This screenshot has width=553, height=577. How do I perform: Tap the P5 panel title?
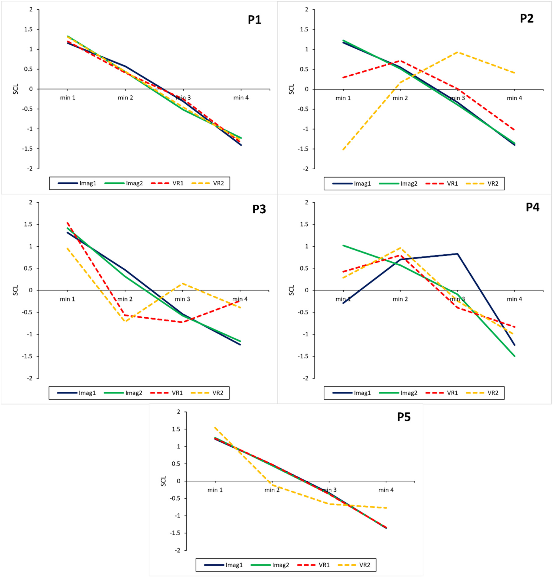(x=404, y=417)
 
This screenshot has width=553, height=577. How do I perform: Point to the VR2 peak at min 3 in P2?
(x=458, y=52)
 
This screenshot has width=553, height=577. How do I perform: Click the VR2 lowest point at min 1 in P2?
(x=343, y=150)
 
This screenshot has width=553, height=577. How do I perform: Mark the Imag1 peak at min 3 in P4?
(x=458, y=253)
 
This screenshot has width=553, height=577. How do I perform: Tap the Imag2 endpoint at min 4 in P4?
(x=514, y=356)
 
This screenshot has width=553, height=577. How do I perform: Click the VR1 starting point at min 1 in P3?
(x=68, y=223)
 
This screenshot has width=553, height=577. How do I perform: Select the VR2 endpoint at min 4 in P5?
(x=386, y=508)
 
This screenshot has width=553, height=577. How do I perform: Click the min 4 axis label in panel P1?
(x=241, y=98)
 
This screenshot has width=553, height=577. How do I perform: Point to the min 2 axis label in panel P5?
(x=272, y=490)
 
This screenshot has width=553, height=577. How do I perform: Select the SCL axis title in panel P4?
(x=292, y=290)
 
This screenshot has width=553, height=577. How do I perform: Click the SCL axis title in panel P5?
(x=164, y=481)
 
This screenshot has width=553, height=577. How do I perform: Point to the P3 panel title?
(x=259, y=209)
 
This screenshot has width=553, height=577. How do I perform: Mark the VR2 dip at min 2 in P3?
(x=125, y=321)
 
